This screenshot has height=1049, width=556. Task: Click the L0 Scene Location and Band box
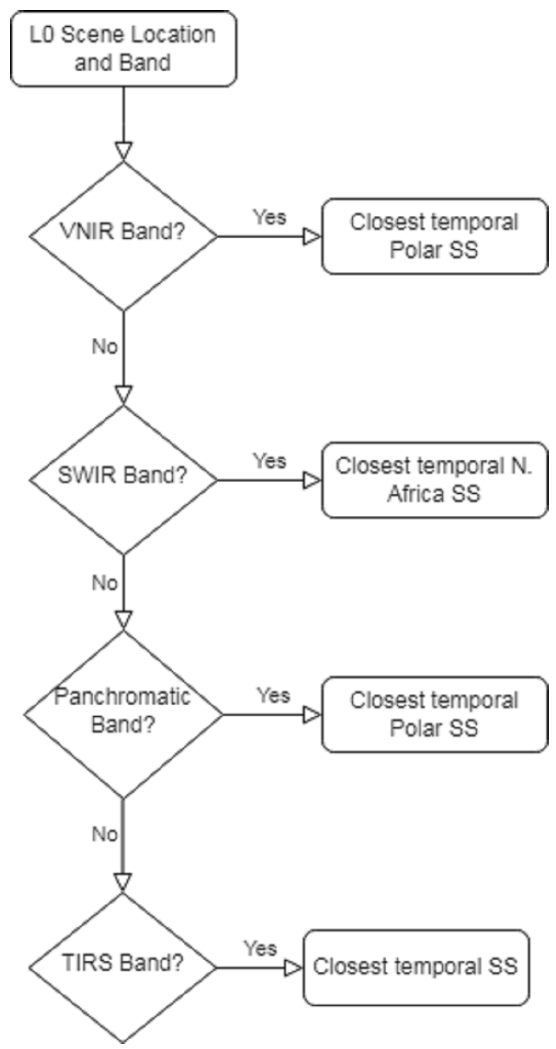coord(123,48)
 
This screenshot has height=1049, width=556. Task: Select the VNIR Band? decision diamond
coord(123,236)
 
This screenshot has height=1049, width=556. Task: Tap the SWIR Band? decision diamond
coord(123,480)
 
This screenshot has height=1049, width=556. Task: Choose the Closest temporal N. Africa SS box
coord(434,480)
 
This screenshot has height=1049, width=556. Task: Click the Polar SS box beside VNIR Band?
coord(434,236)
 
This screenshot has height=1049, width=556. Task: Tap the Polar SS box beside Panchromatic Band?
coord(434,714)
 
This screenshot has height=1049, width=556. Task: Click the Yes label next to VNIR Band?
coord(270,217)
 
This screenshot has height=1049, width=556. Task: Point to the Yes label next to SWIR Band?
coord(270,461)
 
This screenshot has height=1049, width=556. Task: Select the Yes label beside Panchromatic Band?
coord(273,696)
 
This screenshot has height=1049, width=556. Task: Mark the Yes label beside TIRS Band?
coord(260,948)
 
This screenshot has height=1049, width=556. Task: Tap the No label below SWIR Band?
coord(105,583)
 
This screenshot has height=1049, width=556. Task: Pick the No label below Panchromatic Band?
coord(105,834)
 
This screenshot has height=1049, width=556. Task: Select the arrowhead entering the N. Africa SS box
coord(312,481)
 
